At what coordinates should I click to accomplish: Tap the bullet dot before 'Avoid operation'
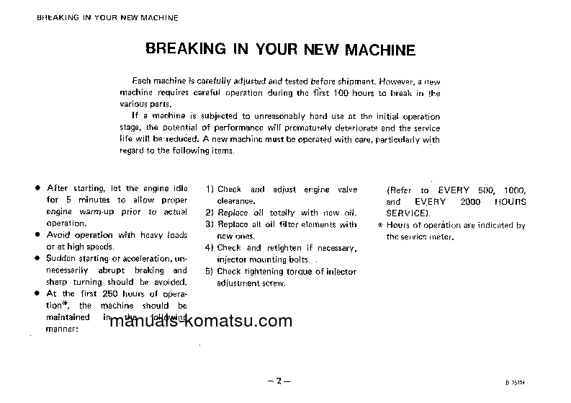tap(37, 235)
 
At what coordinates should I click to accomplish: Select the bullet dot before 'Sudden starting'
tap(37, 258)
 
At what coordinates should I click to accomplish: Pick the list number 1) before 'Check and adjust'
tap(210, 189)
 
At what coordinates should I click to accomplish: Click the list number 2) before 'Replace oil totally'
tap(210, 213)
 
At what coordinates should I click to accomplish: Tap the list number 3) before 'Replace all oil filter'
tap(210, 224)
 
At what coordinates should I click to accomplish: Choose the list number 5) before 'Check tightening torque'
tap(210, 271)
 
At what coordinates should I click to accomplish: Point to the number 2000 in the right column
tap(473, 202)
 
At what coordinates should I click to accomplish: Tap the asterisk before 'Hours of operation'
tap(379, 225)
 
